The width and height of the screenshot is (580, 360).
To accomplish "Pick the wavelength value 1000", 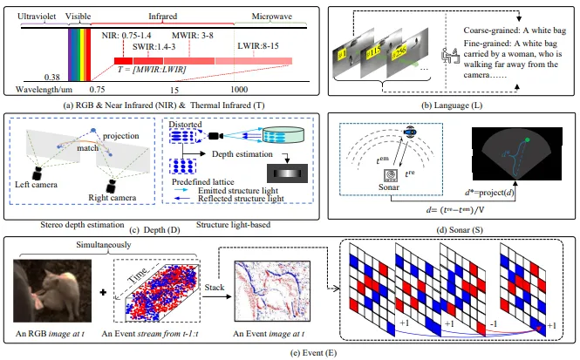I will click(x=241, y=89).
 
